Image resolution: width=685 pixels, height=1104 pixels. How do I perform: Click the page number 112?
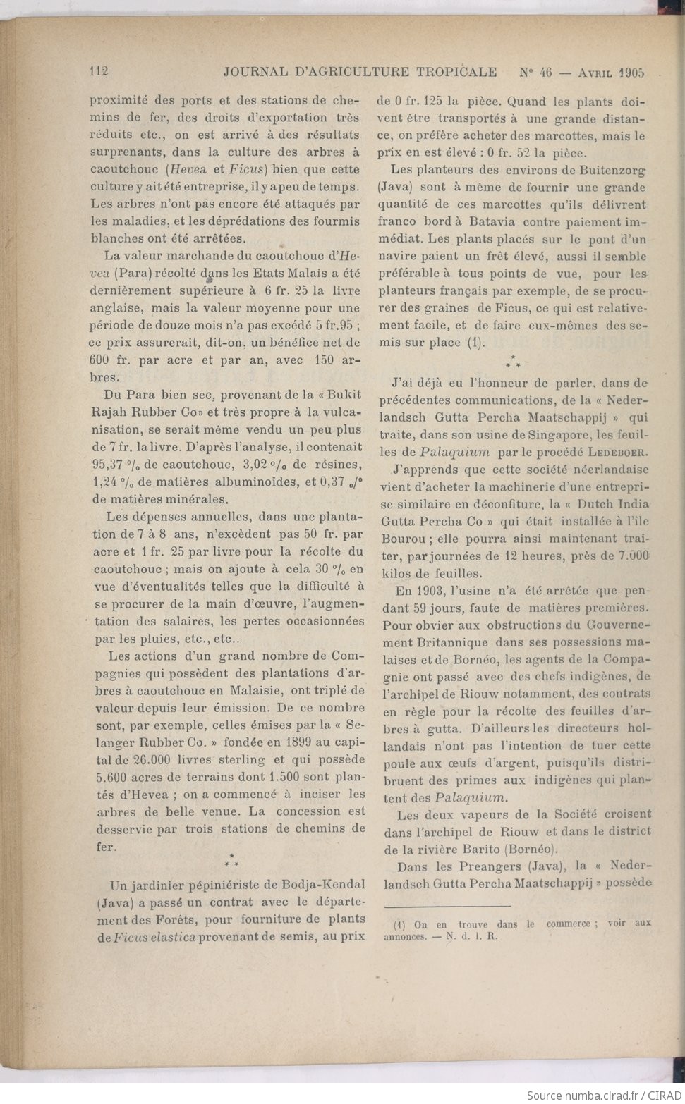[98, 71]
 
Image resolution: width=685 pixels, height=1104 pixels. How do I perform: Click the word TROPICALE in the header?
[456, 71]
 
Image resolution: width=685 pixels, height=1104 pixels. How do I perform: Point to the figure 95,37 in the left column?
[109, 464]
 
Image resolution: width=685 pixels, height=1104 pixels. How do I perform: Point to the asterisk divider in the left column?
[231, 860]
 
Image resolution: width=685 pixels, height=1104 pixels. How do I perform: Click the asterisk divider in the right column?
[513, 362]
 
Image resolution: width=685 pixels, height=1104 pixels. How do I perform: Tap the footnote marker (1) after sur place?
[476, 343]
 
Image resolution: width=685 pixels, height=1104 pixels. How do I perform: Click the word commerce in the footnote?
[568, 924]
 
